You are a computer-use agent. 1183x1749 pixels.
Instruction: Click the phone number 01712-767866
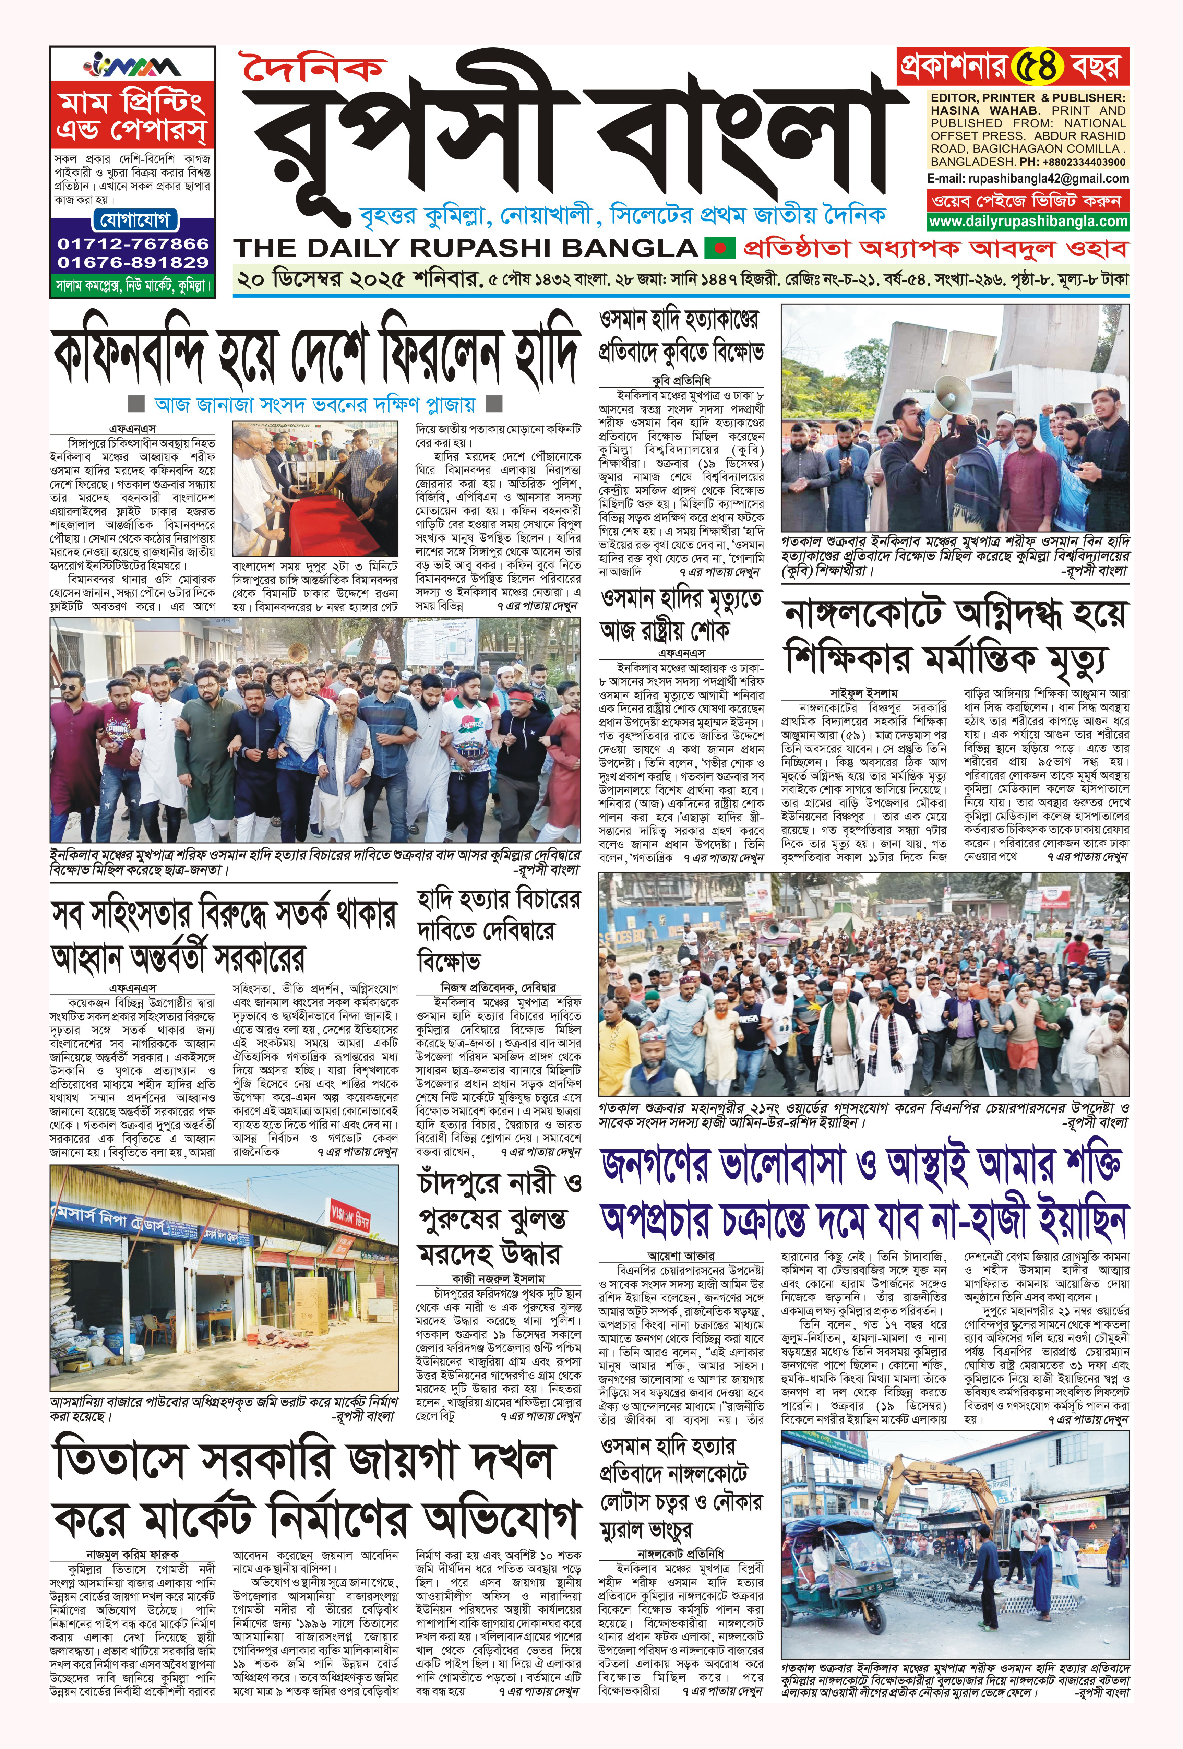pyautogui.click(x=132, y=244)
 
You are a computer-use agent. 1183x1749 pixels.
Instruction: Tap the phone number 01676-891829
pyautogui.click(x=132, y=263)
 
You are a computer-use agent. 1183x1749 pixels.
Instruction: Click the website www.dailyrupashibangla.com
pyautogui.click(x=1028, y=221)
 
